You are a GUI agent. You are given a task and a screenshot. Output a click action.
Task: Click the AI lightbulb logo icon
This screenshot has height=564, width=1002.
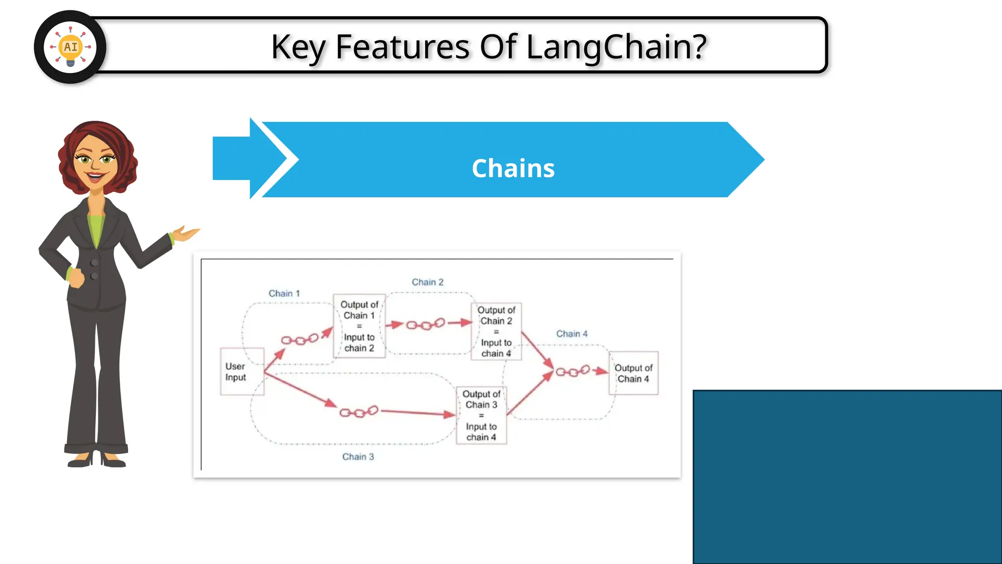pos(70,47)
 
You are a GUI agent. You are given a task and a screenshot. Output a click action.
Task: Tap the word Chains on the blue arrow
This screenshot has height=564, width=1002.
pos(513,168)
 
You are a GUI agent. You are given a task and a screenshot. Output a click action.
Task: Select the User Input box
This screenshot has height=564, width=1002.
pos(242,372)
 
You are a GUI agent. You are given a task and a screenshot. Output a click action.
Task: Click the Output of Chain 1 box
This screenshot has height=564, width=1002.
pos(359,326)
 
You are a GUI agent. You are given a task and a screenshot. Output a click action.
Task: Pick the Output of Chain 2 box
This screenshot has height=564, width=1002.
pos(496,331)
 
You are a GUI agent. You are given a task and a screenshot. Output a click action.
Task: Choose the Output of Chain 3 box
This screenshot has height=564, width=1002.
pos(481,415)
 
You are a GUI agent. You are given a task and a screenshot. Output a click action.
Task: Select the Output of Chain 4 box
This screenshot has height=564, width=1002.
pos(633,373)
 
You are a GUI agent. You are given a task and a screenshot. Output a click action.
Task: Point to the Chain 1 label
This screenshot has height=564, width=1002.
pos(284,293)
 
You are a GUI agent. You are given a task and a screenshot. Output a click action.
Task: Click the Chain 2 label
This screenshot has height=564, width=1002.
pos(427,282)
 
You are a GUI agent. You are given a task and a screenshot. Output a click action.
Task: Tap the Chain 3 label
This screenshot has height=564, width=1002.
pos(358,457)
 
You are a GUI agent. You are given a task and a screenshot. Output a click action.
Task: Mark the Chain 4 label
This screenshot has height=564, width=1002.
pos(571,334)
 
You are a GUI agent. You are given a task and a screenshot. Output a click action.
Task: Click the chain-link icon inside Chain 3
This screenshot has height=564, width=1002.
pos(359,412)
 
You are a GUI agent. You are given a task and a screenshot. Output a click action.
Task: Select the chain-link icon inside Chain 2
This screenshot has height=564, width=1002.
pos(426,324)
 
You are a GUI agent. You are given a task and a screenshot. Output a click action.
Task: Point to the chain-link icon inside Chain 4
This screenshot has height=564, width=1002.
pos(572,372)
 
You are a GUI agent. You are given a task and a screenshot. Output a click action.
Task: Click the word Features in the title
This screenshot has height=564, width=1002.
pos(402,47)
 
